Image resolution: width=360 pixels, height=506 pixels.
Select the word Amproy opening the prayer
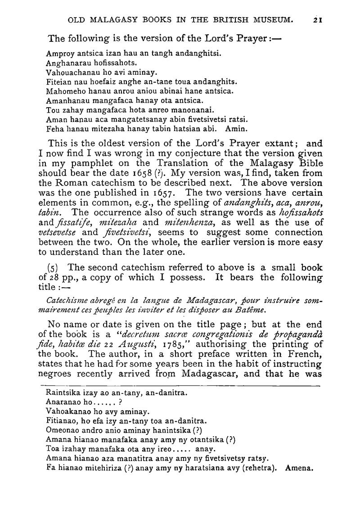tap(59, 53)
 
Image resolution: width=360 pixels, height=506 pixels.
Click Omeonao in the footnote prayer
tap(62, 430)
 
